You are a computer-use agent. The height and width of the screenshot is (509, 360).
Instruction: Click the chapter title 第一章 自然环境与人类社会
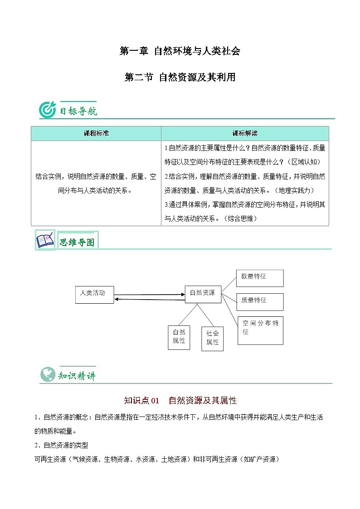coord(180,51)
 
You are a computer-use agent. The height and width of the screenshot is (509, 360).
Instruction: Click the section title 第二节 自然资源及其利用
coord(180,77)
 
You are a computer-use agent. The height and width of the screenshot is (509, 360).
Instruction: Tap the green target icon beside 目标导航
coord(47,110)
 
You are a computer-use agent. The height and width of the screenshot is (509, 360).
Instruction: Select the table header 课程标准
coord(96,133)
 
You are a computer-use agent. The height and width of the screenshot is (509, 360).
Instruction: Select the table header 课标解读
coord(245,133)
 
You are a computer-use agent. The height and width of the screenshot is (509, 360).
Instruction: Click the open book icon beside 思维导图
coord(45,240)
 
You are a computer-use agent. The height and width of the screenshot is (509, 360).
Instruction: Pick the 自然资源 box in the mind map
coord(203,294)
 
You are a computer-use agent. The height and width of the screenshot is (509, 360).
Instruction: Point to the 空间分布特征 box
coord(260,330)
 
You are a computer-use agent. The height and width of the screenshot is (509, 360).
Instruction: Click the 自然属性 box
coord(179,337)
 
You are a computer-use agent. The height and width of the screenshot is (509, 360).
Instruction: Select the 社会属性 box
coord(212,338)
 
